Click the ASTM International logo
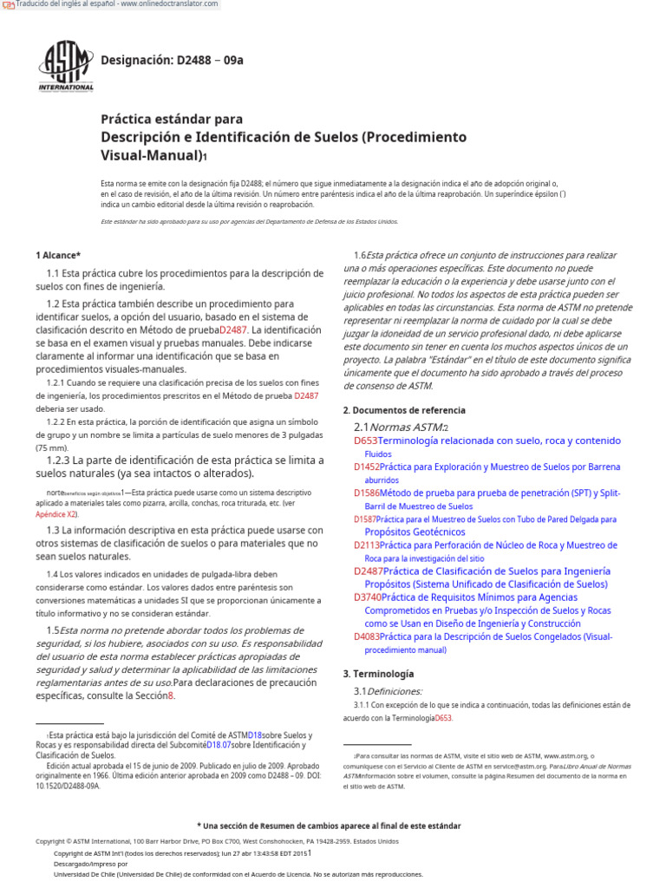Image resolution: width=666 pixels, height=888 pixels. pos(66,66)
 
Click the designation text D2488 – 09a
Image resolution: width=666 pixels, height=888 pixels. pos(173,60)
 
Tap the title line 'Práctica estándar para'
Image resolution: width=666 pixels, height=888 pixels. pos(172,119)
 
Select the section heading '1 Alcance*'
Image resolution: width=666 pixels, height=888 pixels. pos(58,255)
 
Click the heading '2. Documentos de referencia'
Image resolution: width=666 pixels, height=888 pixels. pos(404,410)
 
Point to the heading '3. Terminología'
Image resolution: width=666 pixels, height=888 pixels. pos(378,674)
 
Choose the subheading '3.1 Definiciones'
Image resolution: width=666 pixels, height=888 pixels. pos(388,691)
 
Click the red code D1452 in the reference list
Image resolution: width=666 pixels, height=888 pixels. pos(367,467)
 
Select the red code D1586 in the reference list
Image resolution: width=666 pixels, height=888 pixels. pos(367,493)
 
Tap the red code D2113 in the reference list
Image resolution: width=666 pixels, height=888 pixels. pos(367,545)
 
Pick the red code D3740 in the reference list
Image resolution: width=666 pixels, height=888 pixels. pos(368,597)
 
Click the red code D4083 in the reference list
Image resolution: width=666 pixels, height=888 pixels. pos(367,637)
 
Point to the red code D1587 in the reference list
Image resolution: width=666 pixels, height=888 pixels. pos(365,519)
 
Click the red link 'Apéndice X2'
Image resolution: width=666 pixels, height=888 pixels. pos(55,514)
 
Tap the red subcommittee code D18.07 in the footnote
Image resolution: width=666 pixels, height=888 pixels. pos(218,745)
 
